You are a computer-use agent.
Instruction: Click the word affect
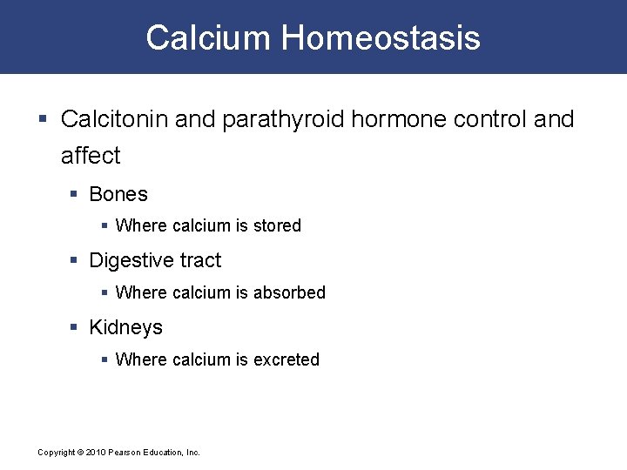coord(91,156)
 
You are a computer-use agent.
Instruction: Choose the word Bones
coord(118,194)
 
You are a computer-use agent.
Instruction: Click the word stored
coord(277,225)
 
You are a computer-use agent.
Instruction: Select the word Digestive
coord(131,260)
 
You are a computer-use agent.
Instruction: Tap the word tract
coord(200,260)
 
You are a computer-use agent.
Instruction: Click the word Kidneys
coord(125,327)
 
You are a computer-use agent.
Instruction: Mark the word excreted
coord(287,359)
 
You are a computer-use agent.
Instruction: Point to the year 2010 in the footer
coord(95,453)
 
